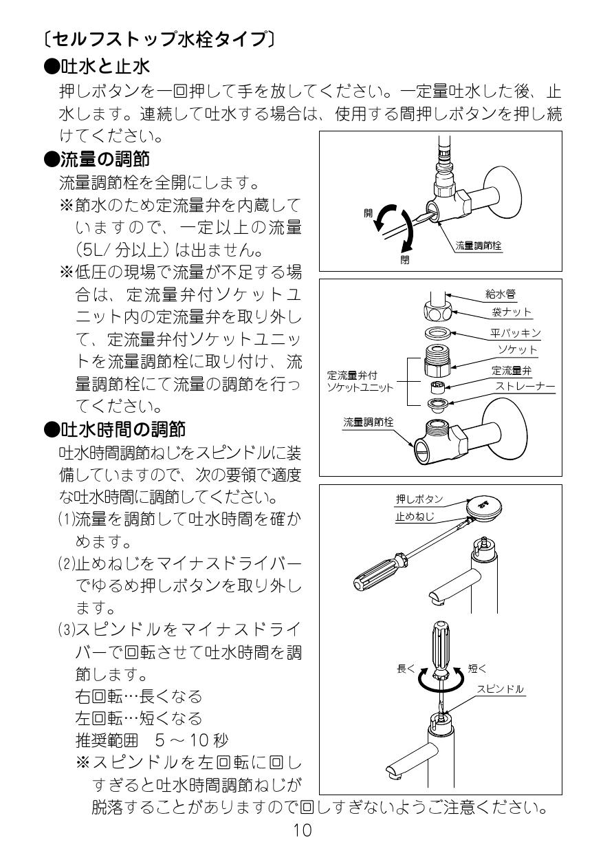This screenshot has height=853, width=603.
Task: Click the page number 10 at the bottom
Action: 303,830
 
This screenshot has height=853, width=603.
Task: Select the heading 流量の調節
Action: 103,158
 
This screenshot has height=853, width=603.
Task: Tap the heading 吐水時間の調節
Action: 115,430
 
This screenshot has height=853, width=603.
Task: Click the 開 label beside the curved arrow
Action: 368,213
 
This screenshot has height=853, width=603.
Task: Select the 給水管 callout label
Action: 501,294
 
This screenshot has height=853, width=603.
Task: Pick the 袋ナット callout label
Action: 512,312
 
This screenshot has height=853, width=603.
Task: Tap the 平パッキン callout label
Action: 516,334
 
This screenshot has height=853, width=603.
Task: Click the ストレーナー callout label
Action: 525,387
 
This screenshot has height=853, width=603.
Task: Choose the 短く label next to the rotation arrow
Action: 478,667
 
